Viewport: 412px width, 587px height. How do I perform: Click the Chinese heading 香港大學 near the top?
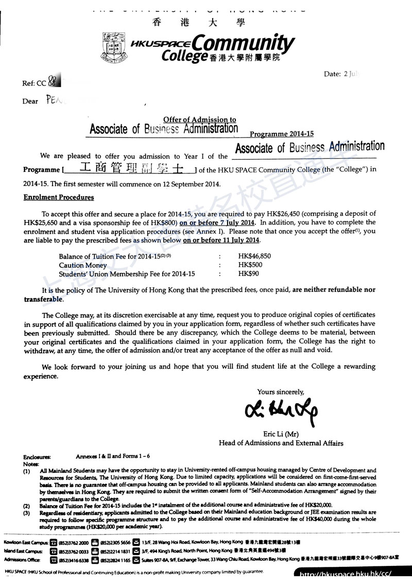[x=199, y=22]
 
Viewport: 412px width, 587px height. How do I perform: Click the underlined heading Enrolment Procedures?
[x=59, y=197]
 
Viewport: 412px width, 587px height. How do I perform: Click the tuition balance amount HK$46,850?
[x=254, y=256]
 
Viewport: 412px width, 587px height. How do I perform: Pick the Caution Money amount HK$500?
[x=249, y=265]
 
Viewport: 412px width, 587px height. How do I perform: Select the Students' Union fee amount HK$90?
[x=247, y=274]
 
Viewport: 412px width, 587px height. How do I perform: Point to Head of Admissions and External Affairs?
[x=281, y=443]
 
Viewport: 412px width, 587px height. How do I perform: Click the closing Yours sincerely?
[x=281, y=391]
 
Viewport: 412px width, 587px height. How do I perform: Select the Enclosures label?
[x=37, y=456]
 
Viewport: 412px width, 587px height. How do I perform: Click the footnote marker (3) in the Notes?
[x=26, y=513]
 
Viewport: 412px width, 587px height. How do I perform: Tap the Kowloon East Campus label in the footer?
[x=26, y=543]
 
